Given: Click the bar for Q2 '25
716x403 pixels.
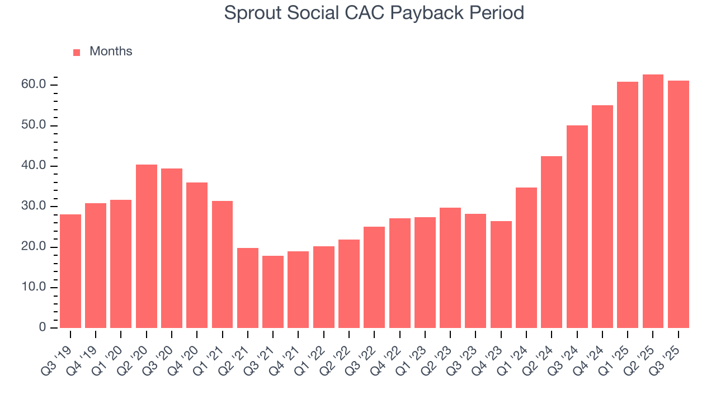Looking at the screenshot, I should click(653, 201).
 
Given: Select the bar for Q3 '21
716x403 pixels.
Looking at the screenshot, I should click(273, 292).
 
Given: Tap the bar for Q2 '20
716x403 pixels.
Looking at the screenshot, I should click(147, 246).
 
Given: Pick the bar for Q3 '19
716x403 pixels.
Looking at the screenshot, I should click(70, 271).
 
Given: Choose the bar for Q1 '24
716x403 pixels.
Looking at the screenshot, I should click(526, 257).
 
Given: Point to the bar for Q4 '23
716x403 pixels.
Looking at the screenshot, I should click(501, 274).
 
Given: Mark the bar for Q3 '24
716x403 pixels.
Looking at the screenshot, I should click(577, 227).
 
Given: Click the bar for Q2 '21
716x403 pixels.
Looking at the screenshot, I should click(248, 288).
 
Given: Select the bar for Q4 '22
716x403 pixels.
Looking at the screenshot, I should click(399, 273).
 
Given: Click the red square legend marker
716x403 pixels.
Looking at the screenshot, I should click(77, 52).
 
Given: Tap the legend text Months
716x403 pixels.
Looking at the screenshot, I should click(111, 51).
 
